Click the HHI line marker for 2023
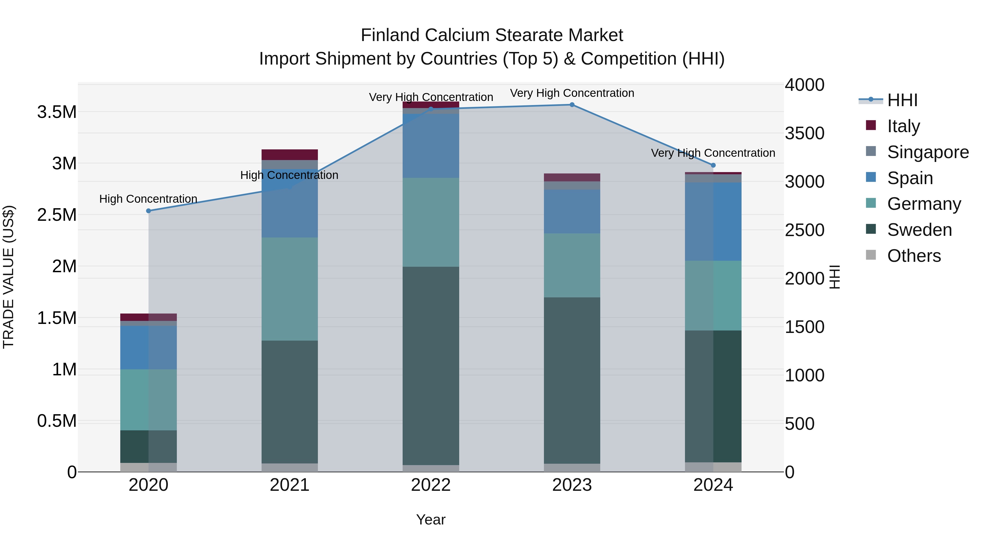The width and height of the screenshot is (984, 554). pos(572,105)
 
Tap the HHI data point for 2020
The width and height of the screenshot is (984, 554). pos(149,211)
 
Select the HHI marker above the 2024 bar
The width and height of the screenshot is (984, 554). pos(713,165)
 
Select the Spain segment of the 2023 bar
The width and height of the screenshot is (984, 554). pos(572,211)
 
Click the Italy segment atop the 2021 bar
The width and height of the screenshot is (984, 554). pos(289,155)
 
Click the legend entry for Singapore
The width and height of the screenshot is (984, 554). pos(927,152)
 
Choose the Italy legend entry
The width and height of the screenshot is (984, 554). pos(903,126)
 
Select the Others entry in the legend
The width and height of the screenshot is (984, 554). pos(914,256)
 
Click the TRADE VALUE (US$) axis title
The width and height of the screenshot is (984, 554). pos(8,277)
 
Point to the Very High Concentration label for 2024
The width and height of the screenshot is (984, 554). pos(713,153)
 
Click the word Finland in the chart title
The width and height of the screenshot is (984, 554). pos(390,35)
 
